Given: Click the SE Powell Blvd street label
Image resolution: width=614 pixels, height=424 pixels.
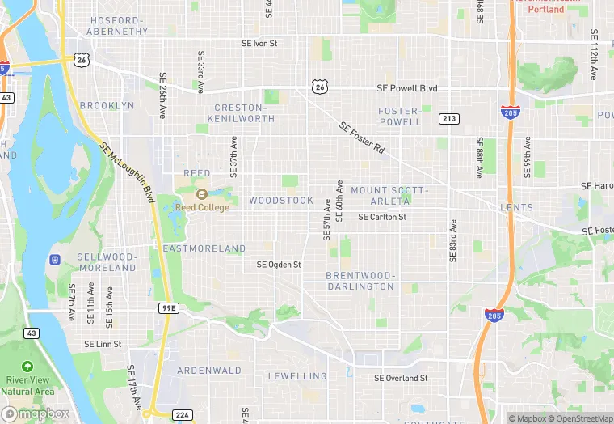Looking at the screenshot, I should point(406,88).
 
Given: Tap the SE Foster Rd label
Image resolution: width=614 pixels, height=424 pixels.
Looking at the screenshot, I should point(362,139).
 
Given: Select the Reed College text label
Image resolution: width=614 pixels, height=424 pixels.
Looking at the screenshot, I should point(202,207).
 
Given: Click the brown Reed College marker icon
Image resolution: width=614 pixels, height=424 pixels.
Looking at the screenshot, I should point(202,194).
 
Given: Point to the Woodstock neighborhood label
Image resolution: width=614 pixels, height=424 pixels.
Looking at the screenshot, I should point(280,200).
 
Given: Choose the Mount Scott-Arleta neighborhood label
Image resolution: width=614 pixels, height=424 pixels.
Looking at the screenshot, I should point(390,195).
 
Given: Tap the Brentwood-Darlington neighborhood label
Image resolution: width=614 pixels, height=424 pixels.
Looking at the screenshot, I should point(360,281).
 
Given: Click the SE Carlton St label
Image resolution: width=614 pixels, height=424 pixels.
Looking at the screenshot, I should point(381,217).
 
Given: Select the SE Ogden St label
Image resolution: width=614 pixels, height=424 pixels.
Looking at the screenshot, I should point(279,265).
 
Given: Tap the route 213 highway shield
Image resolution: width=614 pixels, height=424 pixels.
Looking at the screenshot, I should point(450,119).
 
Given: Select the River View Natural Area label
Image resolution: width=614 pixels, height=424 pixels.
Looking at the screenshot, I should point(27,385).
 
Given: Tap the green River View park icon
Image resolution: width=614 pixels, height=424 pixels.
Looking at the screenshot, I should point(27,367).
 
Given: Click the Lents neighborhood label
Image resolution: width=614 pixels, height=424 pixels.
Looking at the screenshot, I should point(516,208).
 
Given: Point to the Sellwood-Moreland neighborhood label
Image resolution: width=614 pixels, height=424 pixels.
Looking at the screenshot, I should point(107,262).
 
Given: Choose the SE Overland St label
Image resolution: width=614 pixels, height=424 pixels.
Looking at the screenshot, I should point(401,378).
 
